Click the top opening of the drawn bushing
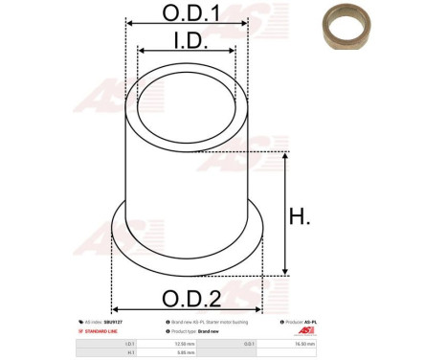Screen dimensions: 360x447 186,106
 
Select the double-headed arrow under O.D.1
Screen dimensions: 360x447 186,26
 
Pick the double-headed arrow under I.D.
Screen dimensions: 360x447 186,52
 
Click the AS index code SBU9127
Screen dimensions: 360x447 115,323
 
